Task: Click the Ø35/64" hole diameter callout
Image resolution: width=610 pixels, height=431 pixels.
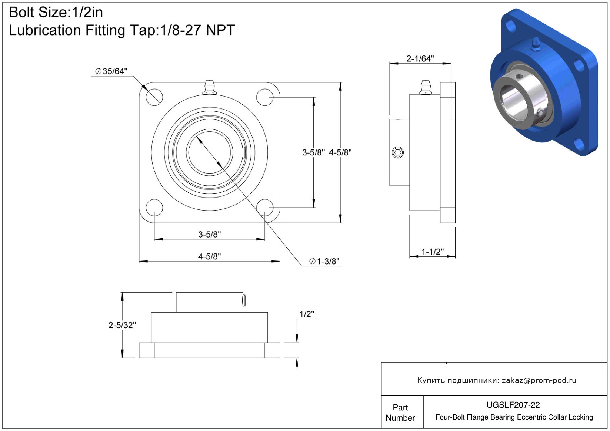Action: point(111,71)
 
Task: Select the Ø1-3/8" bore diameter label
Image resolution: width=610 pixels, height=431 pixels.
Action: point(324,261)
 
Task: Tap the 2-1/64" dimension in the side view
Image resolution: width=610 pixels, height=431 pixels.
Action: point(420,58)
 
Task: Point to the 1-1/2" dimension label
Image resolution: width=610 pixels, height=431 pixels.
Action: point(433,252)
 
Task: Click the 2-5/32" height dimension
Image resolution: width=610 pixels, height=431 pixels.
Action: point(122,325)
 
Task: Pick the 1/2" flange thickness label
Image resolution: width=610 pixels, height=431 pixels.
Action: point(307,314)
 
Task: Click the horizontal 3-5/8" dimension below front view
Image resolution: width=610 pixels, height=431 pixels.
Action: point(209,234)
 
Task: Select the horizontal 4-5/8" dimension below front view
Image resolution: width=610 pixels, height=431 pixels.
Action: point(209,256)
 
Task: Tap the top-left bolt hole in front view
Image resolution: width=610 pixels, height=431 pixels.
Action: point(154,97)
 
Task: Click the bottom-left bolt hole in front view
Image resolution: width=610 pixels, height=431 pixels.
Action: point(154,208)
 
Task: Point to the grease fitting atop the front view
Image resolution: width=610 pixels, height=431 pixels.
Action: point(209,87)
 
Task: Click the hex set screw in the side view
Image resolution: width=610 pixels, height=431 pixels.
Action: point(397,152)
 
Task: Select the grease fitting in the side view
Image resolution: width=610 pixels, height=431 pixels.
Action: point(425,87)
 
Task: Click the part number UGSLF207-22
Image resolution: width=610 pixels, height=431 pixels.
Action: point(513,405)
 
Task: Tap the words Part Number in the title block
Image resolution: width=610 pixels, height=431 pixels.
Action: point(400,413)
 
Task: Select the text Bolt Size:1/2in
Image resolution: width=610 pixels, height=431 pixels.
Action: point(56,13)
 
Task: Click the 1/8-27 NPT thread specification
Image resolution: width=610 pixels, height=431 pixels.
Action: point(197,30)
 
